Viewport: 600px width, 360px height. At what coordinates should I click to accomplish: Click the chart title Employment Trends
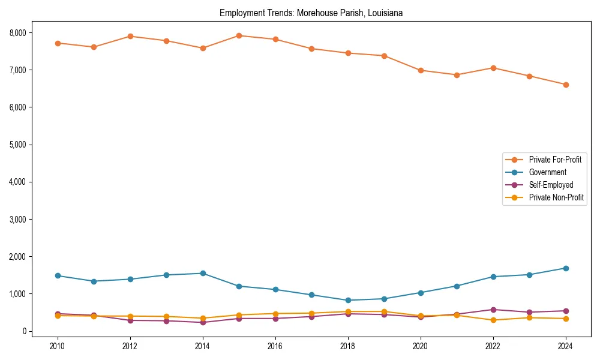tap(315, 13)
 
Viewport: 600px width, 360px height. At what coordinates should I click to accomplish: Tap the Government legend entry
tap(547, 172)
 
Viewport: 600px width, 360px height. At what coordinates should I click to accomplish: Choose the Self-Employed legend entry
tap(551, 185)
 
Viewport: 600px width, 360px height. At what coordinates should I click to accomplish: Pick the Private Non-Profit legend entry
tap(556, 197)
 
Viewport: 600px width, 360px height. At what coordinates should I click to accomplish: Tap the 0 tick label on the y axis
tap(24, 331)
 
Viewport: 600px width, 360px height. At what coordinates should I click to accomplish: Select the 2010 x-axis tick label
tap(58, 346)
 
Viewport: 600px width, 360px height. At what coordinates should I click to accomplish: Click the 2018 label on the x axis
tap(348, 346)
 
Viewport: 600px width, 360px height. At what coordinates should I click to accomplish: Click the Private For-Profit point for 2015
tap(239, 35)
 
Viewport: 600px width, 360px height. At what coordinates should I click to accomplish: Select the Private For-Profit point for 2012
tap(130, 36)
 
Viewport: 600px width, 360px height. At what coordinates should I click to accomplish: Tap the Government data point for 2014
tap(203, 273)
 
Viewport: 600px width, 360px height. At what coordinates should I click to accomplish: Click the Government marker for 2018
tap(348, 300)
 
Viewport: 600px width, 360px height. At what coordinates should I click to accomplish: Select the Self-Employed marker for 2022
tap(493, 310)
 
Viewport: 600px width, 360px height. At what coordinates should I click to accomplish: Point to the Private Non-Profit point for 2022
tap(493, 320)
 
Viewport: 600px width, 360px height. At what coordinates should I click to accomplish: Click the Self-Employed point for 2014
tap(203, 322)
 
